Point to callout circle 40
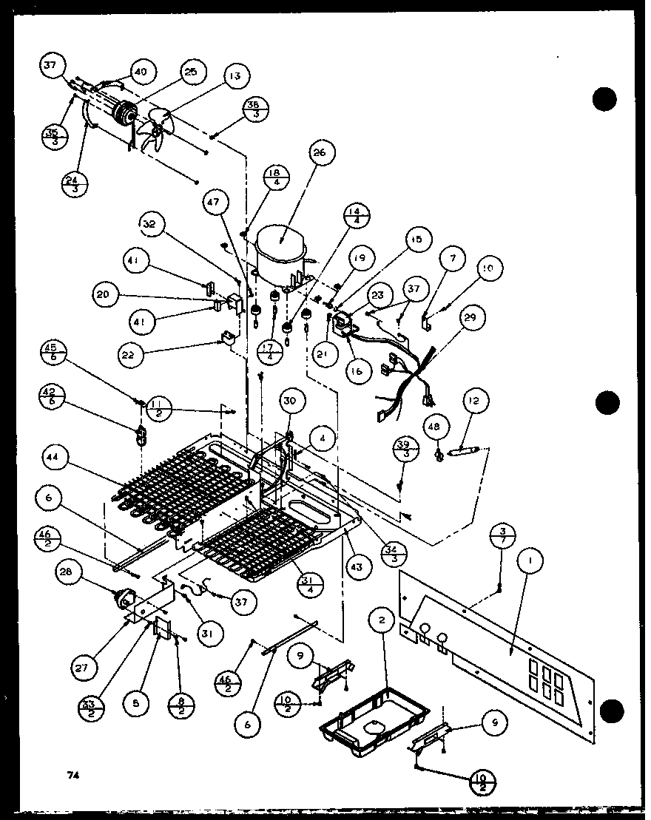(141, 72)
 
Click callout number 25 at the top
(190, 72)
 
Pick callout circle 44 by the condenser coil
(53, 459)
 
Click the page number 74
(72, 775)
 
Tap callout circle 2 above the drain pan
(382, 621)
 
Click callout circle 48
(434, 426)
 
